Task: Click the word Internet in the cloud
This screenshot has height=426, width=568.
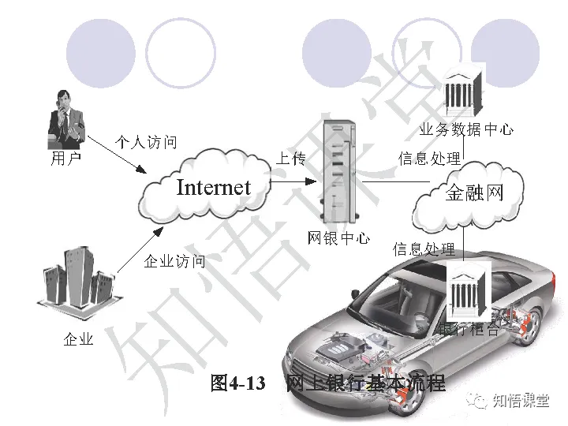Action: (x=213, y=188)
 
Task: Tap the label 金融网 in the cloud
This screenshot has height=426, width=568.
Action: (x=473, y=193)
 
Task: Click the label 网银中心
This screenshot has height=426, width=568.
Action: (x=338, y=237)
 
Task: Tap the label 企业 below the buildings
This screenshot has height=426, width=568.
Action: (x=78, y=339)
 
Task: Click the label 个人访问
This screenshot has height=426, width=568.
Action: (x=146, y=142)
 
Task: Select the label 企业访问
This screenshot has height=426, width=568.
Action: (x=174, y=261)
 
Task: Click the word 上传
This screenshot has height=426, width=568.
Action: (x=290, y=159)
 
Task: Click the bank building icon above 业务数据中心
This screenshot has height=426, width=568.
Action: (x=464, y=92)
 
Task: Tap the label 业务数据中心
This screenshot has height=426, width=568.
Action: (x=465, y=129)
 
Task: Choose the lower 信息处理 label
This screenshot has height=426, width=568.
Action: (x=424, y=249)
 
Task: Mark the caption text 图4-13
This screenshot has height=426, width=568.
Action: (x=236, y=384)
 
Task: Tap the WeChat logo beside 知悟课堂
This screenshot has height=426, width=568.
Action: (x=478, y=401)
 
